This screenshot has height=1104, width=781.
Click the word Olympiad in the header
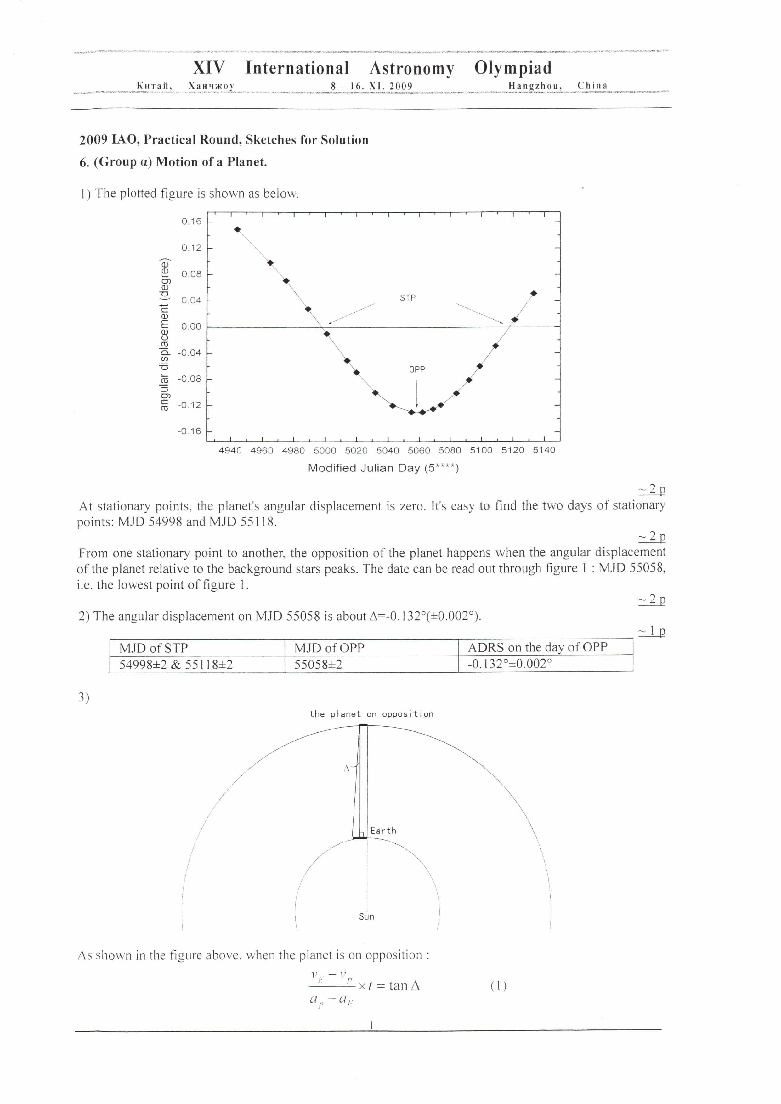click(513, 68)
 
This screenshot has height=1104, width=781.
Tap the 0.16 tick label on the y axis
click(191, 221)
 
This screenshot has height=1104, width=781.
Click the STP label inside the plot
click(408, 298)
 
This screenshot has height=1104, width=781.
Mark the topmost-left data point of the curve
click(237, 229)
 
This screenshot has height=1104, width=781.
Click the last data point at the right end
click(533, 293)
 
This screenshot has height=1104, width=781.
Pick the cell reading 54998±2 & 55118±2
click(176, 665)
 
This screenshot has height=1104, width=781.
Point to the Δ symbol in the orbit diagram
click(346, 769)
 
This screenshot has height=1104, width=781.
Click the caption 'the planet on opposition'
click(371, 714)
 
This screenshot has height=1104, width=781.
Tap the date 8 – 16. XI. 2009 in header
click(371, 86)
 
